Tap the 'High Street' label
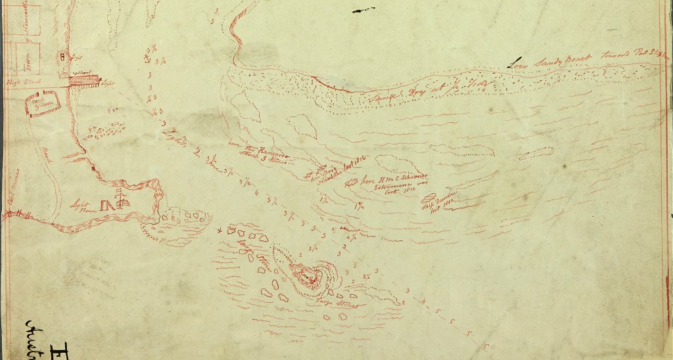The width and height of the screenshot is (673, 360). pos(14,81)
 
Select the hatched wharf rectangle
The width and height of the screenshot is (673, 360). pos(84,81)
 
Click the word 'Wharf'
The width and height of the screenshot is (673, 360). pos(82,72)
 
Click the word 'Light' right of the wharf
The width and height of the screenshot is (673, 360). pos(108,82)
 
